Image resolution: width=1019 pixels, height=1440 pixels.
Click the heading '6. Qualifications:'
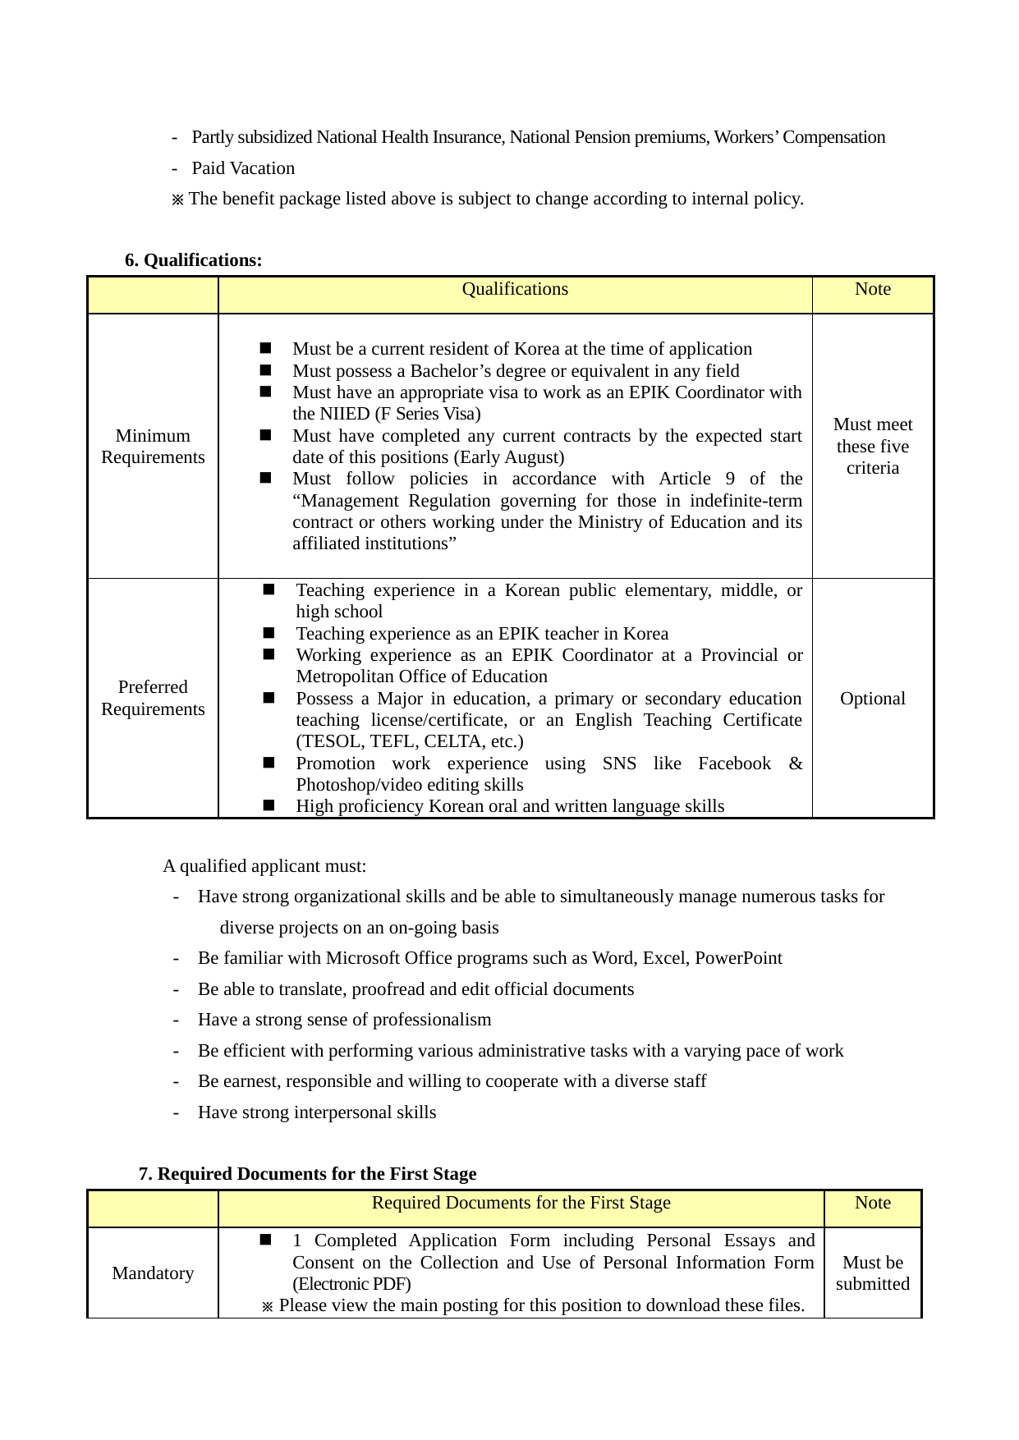click(x=194, y=260)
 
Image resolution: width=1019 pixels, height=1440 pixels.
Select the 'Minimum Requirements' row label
click(x=153, y=447)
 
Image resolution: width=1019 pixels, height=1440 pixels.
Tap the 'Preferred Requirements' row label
click(x=153, y=698)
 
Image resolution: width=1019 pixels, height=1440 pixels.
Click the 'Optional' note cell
click(x=872, y=699)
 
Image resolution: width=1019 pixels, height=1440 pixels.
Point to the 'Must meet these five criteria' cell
click(x=872, y=447)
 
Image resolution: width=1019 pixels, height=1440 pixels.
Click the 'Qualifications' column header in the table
click(x=515, y=289)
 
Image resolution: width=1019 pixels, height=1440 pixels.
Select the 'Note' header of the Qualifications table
click(x=872, y=289)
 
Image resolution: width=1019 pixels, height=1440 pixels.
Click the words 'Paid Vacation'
click(x=243, y=168)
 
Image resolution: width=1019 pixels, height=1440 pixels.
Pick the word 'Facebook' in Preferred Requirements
click(x=734, y=764)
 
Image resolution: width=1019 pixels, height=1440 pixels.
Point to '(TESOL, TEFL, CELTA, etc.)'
click(x=410, y=741)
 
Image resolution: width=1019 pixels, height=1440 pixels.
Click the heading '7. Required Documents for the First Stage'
click(x=308, y=1174)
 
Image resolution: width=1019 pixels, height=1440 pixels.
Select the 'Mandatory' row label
click(x=153, y=1273)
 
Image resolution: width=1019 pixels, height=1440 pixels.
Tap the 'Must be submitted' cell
click(x=872, y=1273)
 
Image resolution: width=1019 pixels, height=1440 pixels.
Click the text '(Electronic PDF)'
click(x=351, y=1284)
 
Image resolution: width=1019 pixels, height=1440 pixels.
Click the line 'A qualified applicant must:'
click(x=264, y=866)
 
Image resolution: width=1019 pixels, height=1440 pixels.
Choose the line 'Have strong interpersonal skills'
click(x=317, y=1112)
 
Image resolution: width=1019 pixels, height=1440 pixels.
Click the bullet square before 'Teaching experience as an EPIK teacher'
click(x=269, y=633)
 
